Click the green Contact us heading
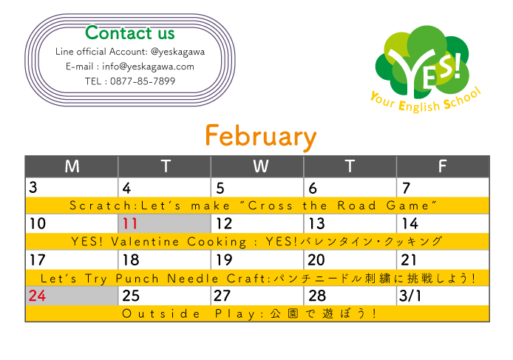[130, 33]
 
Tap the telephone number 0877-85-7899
[143, 81]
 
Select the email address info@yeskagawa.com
[148, 67]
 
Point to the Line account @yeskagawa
[178, 52]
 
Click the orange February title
[261, 137]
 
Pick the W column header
[260, 166]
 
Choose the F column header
[442, 166]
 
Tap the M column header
[72, 166]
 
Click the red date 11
[130, 224]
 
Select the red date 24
[37, 296]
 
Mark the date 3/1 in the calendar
[410, 296]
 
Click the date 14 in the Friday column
[410, 224]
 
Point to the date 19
[224, 260]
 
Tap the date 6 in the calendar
[313, 189]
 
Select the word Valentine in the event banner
[145, 242]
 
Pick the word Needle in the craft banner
[193, 279]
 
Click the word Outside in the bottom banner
[160, 314]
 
